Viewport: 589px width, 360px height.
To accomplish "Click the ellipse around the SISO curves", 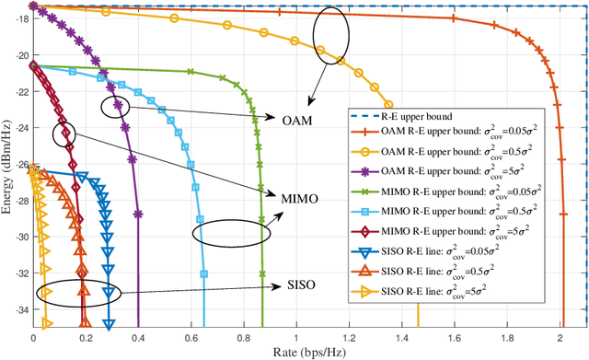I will [76, 294].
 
